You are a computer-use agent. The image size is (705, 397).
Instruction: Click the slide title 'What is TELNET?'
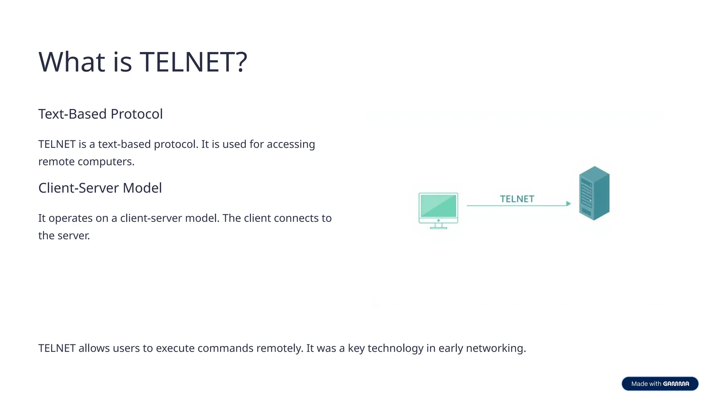143,62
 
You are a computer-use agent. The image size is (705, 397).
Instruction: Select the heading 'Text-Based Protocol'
100,114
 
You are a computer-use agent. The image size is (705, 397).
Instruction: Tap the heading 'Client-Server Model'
100,188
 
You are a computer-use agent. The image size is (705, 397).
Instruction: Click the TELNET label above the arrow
517,199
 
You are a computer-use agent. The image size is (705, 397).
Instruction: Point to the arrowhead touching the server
568,204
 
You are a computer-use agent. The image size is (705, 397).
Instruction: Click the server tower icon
594,193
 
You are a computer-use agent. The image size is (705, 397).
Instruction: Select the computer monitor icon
438,210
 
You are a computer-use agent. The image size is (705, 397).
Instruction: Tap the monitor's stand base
438,227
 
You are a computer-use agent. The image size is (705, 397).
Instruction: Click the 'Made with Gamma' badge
660,384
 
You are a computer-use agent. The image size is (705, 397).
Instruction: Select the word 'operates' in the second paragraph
71,218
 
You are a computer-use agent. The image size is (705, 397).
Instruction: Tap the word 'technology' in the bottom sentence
395,348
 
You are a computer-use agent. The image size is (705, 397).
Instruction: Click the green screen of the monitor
438,206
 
